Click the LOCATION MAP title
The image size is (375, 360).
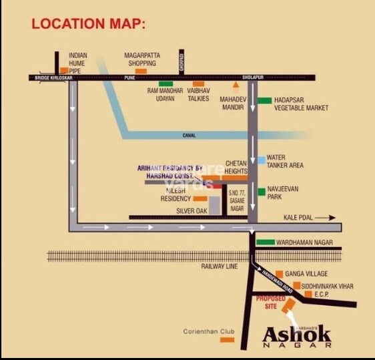click(x=88, y=24)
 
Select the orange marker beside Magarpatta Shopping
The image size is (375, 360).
click(x=141, y=70)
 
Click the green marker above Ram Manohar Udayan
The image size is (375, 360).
click(x=165, y=84)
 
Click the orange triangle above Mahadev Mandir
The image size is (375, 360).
click(x=235, y=85)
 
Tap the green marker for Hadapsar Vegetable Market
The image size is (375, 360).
click(x=264, y=101)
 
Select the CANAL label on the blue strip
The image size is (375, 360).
click(x=189, y=136)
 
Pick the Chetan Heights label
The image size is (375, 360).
click(x=236, y=166)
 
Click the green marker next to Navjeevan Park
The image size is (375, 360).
click(x=262, y=192)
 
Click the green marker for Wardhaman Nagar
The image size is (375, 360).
click(x=266, y=242)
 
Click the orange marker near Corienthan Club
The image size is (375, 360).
click(x=227, y=339)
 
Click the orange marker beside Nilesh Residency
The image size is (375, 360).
click(x=200, y=198)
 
